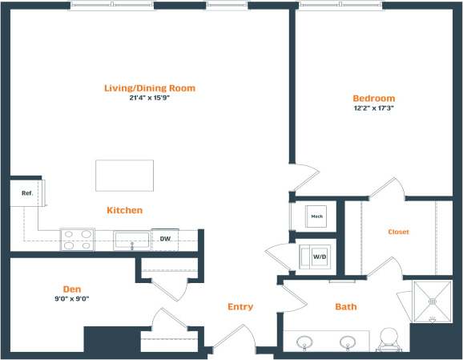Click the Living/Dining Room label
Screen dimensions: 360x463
[150, 88]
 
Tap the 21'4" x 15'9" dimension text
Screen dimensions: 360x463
[150, 99]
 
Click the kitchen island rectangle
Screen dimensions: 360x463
[124, 176]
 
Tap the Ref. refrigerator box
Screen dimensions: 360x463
[26, 193]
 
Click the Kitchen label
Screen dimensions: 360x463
[125, 211]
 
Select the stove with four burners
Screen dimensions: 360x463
[77, 240]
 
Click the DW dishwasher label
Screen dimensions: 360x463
[165, 239]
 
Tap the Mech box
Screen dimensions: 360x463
[316, 216]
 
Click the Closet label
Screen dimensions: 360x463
[398, 232]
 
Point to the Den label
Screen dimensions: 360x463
[73, 289]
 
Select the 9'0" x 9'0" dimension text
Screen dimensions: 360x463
[73, 298]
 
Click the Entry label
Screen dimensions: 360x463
[240, 307]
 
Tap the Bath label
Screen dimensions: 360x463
[346, 306]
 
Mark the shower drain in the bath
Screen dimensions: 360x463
[433, 302]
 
